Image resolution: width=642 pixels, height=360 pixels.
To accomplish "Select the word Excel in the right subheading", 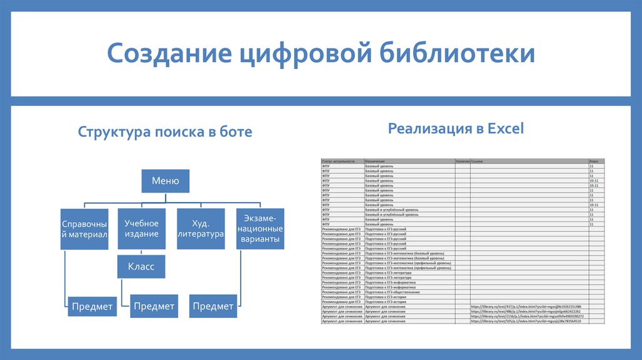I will click(x=505, y=129).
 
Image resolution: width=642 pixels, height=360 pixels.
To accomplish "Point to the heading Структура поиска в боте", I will click(x=165, y=132).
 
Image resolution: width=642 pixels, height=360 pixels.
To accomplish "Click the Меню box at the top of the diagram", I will click(x=166, y=182).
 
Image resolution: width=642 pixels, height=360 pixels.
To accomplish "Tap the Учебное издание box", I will click(x=141, y=229).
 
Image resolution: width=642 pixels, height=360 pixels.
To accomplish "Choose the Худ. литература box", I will click(x=201, y=229).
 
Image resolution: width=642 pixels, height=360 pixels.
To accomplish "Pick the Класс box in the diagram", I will click(x=141, y=267).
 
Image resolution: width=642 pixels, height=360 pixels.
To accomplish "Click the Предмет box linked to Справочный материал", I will click(x=92, y=306).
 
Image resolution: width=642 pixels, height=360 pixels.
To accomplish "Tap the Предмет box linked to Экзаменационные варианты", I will click(x=213, y=306).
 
